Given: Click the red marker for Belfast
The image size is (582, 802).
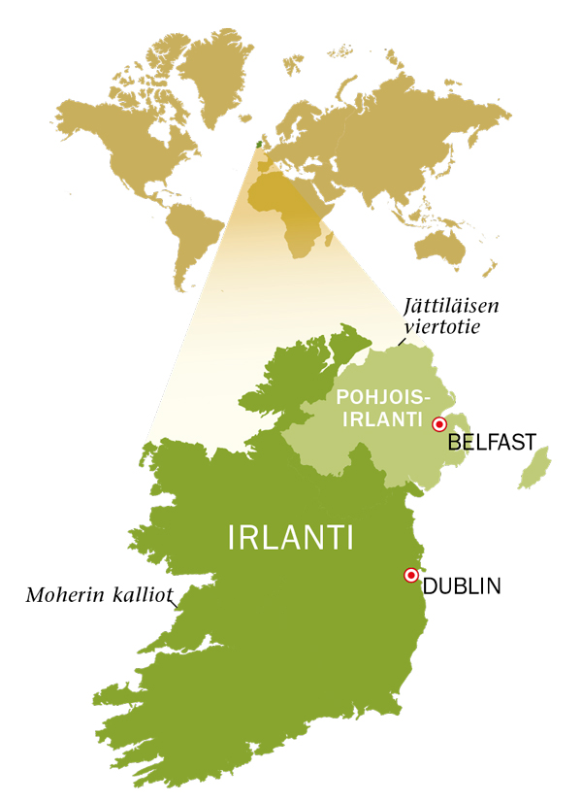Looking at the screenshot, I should tap(438, 423).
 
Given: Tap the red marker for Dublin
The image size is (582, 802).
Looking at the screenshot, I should tap(410, 576).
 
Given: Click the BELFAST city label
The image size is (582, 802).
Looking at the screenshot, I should tap(492, 444).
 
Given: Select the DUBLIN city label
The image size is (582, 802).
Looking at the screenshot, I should tap(461, 586).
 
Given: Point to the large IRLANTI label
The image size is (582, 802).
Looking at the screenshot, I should tap(291, 537).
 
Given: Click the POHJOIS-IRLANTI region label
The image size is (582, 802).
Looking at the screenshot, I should tap(378, 408).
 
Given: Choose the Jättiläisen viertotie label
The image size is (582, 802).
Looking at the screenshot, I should tap(451, 317).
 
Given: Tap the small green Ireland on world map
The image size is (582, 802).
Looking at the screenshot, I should tap(257, 143).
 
